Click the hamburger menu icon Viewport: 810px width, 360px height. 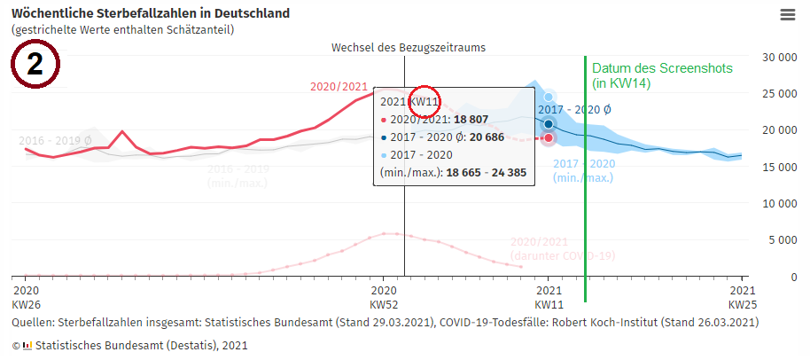click(787, 15)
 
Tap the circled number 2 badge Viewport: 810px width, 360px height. click(35, 65)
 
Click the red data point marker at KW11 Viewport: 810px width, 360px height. click(549, 138)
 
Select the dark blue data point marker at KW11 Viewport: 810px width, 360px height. click(549, 124)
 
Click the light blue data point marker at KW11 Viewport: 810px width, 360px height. click(549, 98)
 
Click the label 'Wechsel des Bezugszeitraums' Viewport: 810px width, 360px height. click(409, 46)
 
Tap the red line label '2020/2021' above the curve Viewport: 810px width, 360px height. click(339, 86)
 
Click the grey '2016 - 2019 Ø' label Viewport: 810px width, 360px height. click(55, 140)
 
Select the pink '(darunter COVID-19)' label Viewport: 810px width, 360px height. click(563, 256)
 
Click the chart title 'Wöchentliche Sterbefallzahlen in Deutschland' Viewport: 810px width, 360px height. click(151, 14)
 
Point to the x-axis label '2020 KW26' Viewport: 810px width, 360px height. click(27, 297)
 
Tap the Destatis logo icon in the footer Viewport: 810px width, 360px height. click(27, 345)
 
